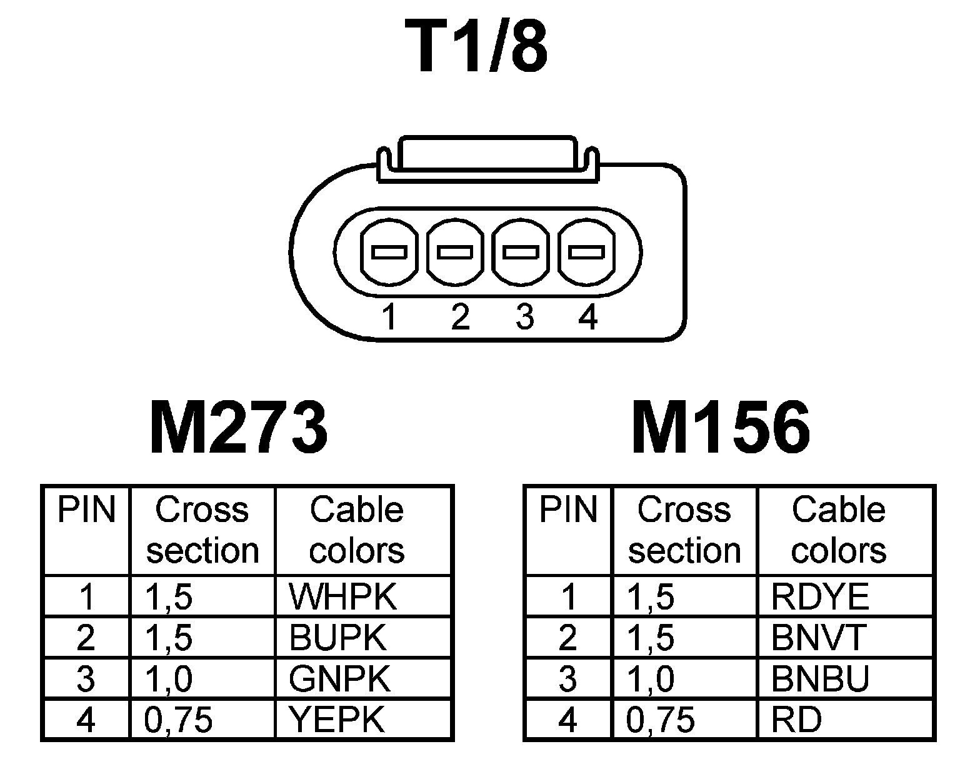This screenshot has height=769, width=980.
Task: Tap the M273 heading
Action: tap(239, 429)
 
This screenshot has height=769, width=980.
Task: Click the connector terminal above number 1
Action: tap(389, 252)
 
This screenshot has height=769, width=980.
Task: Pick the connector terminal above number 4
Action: tap(586, 252)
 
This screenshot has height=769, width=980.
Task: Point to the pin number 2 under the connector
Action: tap(459, 316)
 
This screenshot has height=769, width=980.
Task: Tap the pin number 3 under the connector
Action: tap(525, 316)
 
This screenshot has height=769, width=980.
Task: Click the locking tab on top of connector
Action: tap(487, 153)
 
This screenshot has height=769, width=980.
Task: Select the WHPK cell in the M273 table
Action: tap(342, 596)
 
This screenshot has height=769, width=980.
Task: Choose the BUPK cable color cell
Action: tap(338, 638)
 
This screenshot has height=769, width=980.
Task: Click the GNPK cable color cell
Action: tap(340, 679)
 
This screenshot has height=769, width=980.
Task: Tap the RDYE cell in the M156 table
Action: tap(819, 596)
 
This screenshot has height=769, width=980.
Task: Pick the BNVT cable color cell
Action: tap(818, 638)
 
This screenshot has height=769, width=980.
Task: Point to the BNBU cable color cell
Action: tap(820, 679)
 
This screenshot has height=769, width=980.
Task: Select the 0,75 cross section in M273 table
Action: tap(179, 720)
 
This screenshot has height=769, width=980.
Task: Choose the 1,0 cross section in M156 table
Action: tap(650, 679)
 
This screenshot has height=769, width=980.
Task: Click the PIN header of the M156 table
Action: tap(568, 510)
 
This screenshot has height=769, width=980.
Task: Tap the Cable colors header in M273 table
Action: tap(357, 530)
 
